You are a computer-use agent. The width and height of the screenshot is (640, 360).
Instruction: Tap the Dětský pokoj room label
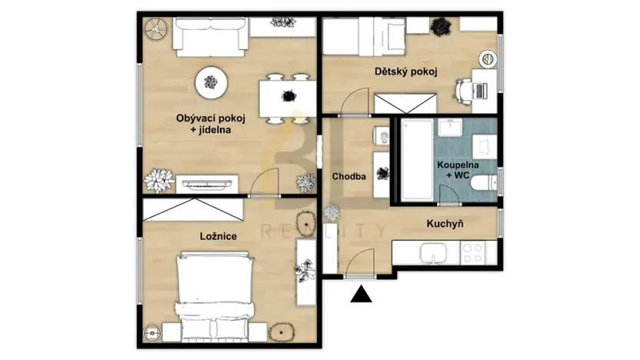click(405, 72)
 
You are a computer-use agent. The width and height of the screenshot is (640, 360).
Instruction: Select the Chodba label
click(348, 176)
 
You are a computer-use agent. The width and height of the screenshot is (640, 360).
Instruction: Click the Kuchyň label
click(449, 224)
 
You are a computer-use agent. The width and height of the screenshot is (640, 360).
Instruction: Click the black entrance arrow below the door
click(360, 293)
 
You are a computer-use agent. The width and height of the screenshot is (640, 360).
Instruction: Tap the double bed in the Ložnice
click(215, 288)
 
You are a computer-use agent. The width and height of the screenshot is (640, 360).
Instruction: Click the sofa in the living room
click(210, 34)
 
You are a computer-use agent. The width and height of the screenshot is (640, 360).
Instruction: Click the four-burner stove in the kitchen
click(474, 252)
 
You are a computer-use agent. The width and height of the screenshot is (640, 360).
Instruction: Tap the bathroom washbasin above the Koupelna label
click(450, 128)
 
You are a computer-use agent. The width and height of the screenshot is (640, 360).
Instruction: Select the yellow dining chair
click(298, 118)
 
